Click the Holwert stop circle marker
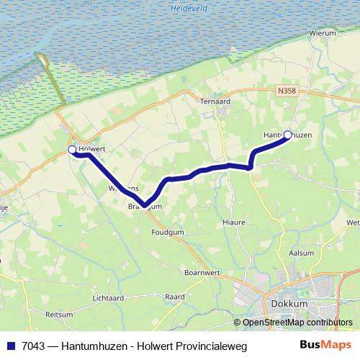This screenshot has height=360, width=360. click(72, 149)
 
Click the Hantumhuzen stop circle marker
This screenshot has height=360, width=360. click(288, 135)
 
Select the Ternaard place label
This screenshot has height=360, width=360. click(215, 102)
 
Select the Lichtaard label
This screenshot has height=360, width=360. click(109, 297)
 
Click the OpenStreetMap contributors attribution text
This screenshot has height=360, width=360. click(297, 323)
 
